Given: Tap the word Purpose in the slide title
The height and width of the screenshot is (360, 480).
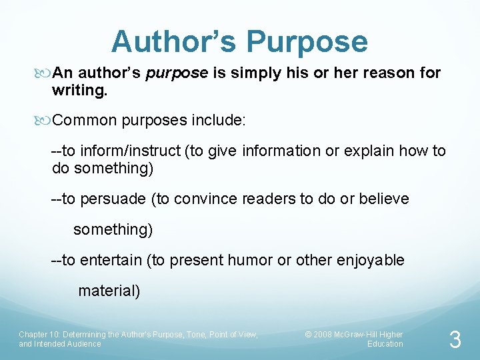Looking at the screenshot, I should (307, 41).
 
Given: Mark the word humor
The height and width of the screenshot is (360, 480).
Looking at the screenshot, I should (250, 260).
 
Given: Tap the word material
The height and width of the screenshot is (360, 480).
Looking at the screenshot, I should (107, 291).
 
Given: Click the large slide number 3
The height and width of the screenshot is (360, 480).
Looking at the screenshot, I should (455, 341).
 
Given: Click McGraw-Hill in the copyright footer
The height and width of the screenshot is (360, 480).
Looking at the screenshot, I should (360, 334).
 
